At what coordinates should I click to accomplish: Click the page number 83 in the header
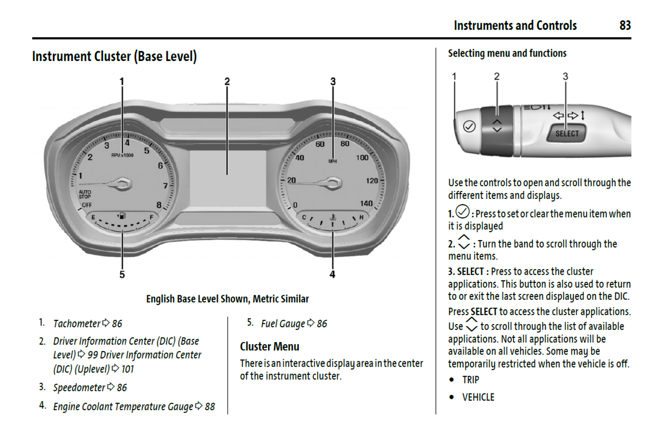(625, 25)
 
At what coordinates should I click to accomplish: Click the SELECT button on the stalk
(567, 133)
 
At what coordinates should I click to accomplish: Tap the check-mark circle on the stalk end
(469, 127)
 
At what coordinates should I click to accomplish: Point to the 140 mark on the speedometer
(366, 203)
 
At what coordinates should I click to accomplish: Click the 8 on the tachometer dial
(159, 205)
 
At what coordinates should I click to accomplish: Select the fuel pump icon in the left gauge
(122, 216)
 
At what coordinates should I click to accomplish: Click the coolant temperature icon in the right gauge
(333, 217)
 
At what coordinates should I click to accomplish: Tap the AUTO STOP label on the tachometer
(85, 194)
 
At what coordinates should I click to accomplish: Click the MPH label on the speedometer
(332, 161)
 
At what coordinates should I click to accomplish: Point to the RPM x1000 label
(122, 155)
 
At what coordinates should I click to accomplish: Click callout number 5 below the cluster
(122, 274)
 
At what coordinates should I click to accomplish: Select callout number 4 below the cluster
(332, 274)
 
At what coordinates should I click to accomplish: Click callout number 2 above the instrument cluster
(227, 81)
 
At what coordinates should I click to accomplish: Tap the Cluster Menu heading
(270, 347)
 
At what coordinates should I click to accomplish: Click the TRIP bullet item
(470, 380)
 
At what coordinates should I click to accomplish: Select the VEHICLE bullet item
(478, 397)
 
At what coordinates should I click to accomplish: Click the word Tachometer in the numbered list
(77, 324)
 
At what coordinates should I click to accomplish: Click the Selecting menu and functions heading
(507, 53)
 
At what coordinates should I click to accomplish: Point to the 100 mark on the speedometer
(362, 158)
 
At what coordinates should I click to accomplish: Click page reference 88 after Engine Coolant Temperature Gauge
(210, 407)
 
